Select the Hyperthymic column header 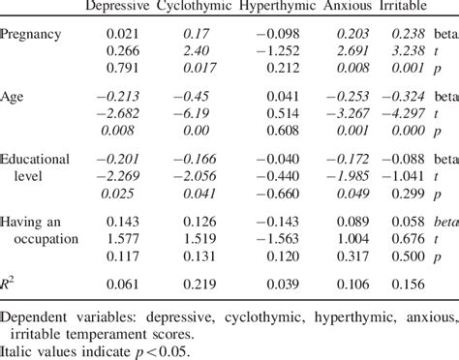click(x=272, y=8)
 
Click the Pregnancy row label click(x=33, y=35)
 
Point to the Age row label click(x=15, y=99)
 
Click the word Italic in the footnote click(x=17, y=352)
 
